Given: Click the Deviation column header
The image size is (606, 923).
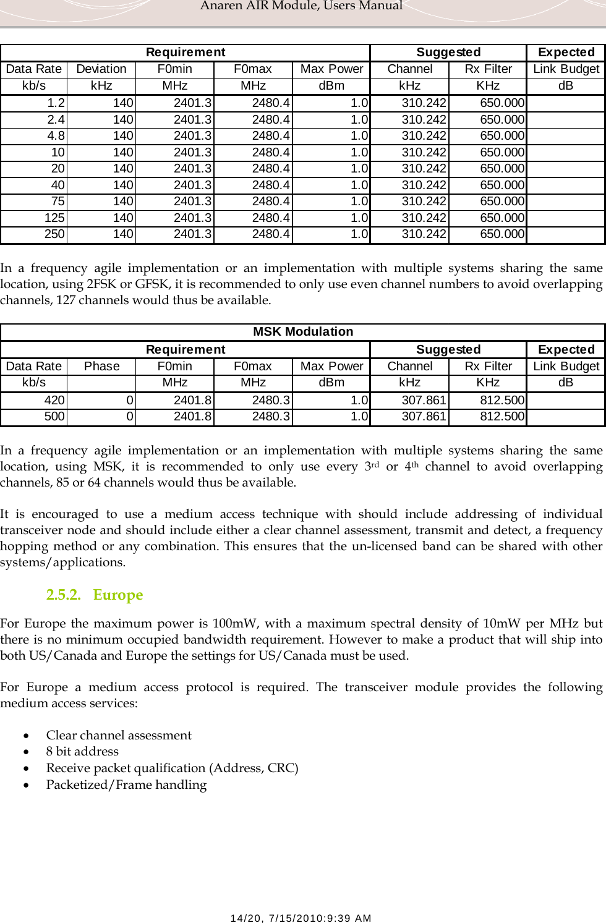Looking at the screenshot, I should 101,69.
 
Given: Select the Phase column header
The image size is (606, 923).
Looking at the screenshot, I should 101,367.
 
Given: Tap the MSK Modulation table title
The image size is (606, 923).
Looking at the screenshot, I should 303,332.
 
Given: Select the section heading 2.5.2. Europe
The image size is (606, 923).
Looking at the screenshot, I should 95,595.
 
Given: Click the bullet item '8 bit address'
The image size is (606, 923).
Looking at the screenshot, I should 82,752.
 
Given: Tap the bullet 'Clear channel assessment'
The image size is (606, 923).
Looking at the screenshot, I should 119,735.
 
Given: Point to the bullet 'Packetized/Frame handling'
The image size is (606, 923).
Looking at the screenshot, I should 126,785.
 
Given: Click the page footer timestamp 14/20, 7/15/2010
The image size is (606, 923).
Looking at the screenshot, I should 301,918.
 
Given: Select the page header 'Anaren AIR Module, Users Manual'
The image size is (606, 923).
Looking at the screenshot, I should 301,6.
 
